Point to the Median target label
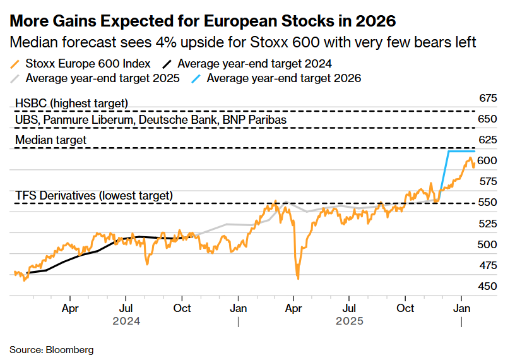(50, 140)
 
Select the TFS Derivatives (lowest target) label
(93, 195)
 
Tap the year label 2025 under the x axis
(350, 321)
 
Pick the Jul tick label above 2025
(348, 308)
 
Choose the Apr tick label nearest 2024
(70, 308)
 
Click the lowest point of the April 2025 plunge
(297, 277)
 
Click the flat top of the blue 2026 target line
(461, 152)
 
